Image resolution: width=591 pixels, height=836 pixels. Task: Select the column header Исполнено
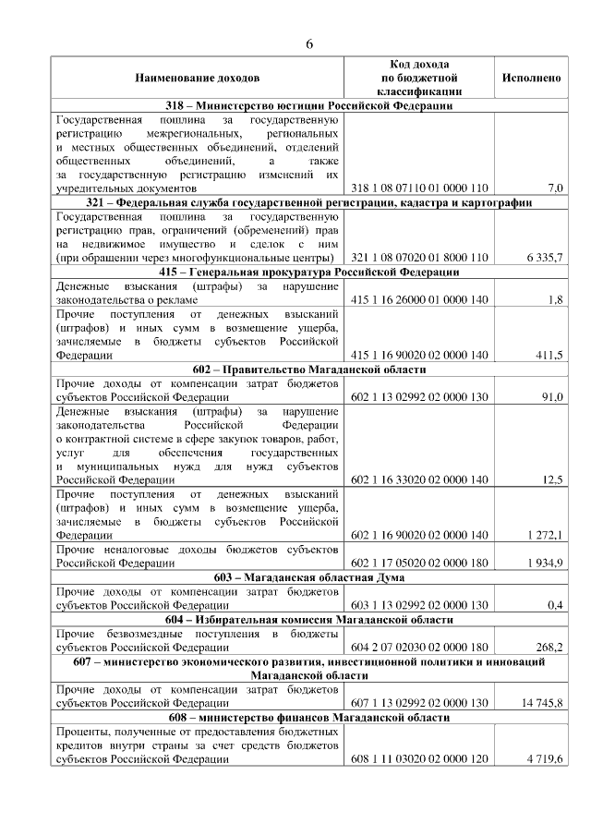531,79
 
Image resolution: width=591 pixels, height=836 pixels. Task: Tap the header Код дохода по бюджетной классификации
419,79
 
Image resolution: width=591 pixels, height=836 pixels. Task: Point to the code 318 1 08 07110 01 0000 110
419,188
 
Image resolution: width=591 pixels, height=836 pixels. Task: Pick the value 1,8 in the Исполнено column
554,299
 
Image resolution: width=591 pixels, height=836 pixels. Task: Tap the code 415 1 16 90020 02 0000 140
419,354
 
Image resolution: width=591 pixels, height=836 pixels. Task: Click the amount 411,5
548,354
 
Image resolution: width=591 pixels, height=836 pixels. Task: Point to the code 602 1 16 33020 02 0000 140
419,479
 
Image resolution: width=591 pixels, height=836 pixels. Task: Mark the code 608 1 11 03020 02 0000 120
419,758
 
